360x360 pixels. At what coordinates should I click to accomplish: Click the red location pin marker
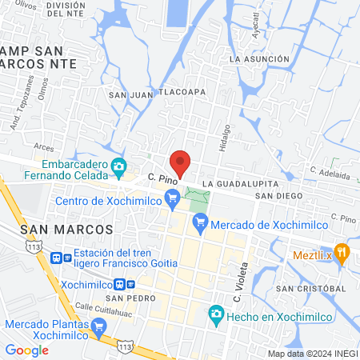(x=181, y=163)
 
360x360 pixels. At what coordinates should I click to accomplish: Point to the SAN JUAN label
(x=130, y=95)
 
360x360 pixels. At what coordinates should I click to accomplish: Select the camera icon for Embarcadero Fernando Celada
(x=120, y=167)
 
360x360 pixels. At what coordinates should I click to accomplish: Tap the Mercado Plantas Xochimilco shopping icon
(x=99, y=326)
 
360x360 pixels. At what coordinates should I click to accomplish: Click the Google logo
(x=26, y=350)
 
